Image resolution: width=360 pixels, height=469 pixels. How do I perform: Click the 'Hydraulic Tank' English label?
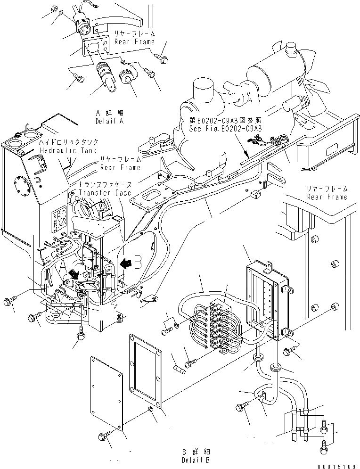pyautogui.click(x=68, y=150)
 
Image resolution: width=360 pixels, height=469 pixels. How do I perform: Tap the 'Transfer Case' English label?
pyautogui.click(x=105, y=193)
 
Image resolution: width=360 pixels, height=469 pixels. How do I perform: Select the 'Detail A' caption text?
pyautogui.click(x=109, y=121)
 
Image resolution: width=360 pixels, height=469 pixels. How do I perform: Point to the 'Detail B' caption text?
pyautogui.click(x=196, y=460)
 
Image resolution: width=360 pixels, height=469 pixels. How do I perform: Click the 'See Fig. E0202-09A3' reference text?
pyautogui.click(x=225, y=128)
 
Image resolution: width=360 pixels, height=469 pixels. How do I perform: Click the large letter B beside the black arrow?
pyautogui.click(x=139, y=262)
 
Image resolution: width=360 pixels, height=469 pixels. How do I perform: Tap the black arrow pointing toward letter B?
pyautogui.click(x=125, y=263)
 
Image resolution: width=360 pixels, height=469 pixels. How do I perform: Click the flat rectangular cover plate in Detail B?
pyautogui.click(x=107, y=394)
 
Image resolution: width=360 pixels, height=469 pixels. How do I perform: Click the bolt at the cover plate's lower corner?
pyautogui.click(x=105, y=436)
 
